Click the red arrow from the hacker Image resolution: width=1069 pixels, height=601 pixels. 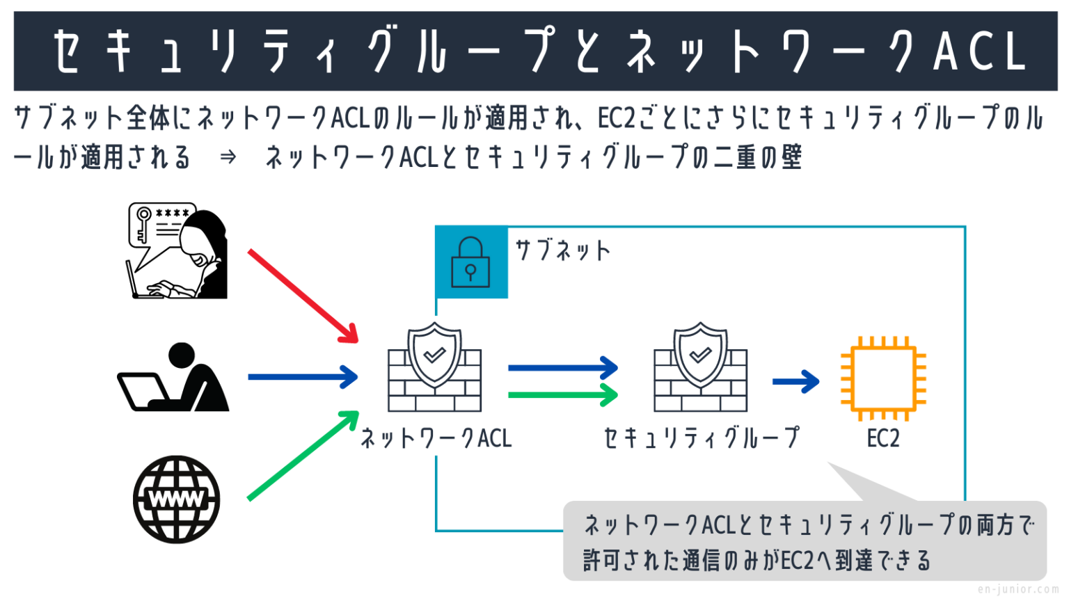coord(303,296)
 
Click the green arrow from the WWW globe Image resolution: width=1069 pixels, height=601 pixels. coord(303,456)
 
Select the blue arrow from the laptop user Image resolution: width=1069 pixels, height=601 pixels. coord(303,377)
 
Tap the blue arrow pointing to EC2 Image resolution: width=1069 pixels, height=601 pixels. coord(795,381)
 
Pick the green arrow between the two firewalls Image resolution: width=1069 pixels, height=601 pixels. coord(562,395)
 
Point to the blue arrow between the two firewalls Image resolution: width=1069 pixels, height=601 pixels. coord(562,368)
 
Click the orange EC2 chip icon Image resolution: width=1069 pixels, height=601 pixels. coord(883,379)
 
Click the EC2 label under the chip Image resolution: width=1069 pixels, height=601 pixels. coord(883,439)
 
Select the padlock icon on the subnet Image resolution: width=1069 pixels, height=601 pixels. coord(470,262)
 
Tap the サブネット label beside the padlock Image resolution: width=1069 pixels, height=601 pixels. coord(562,250)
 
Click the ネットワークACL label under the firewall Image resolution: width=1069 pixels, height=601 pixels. coord(436,438)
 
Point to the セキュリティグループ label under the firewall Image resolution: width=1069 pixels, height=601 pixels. coord(702,438)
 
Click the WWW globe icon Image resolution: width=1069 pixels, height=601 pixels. coord(177,499)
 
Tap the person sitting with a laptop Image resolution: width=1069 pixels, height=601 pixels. coord(174,379)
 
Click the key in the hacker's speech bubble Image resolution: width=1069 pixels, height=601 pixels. coord(143,223)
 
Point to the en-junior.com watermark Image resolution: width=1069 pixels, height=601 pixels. coord(1017,590)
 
